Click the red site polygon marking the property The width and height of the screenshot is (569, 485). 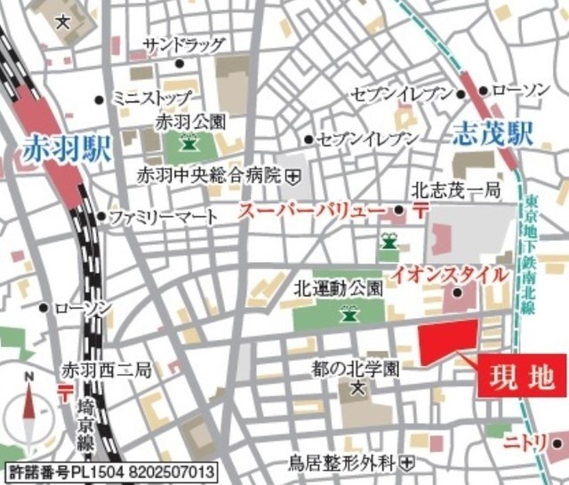coord(448,343)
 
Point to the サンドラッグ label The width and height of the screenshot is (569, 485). coord(184,44)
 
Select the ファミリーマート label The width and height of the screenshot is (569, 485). coord(163,216)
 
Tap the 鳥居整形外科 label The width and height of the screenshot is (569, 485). coord(342,462)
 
